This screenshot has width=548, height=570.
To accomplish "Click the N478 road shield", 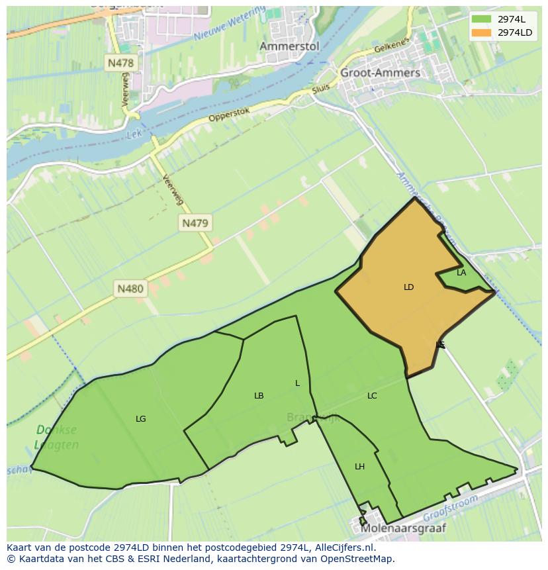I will [x=120, y=64].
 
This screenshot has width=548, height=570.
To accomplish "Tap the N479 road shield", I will [x=195, y=223].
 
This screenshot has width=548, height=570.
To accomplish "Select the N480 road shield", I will [x=130, y=289].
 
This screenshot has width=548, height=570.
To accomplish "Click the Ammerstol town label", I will [x=289, y=46].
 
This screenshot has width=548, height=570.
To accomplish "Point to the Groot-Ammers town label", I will [x=380, y=73].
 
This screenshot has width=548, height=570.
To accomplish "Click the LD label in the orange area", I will [x=408, y=287].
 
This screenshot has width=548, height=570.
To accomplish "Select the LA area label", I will [x=461, y=273].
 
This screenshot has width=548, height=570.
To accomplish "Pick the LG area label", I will [x=140, y=419].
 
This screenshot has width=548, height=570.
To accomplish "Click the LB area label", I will [x=259, y=396].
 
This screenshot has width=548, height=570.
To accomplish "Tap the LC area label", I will [x=372, y=396].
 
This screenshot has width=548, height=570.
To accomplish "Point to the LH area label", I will [x=359, y=467].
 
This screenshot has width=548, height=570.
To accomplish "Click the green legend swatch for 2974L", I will [x=481, y=19].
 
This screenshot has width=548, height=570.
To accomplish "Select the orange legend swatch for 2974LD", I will [x=481, y=32].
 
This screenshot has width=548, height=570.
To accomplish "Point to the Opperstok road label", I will [x=229, y=114].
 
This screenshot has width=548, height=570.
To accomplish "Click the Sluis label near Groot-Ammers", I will [x=320, y=89].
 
